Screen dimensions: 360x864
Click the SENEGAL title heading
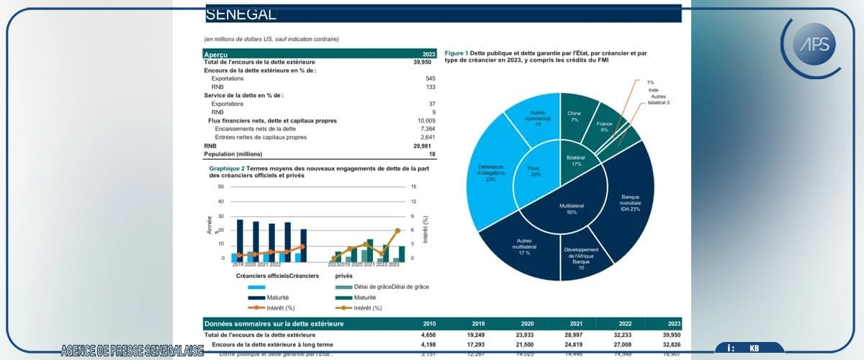click(x=240, y=14)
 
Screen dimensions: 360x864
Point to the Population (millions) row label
click(x=233, y=153)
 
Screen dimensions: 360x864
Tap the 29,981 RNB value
click(x=423, y=145)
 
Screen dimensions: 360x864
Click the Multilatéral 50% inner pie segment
click(x=572, y=209)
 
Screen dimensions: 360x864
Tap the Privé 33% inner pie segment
click(x=534, y=171)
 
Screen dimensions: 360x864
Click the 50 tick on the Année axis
click(x=221, y=187)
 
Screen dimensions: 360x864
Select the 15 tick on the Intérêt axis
click(x=413, y=187)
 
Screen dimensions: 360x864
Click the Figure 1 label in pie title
click(x=456, y=53)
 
